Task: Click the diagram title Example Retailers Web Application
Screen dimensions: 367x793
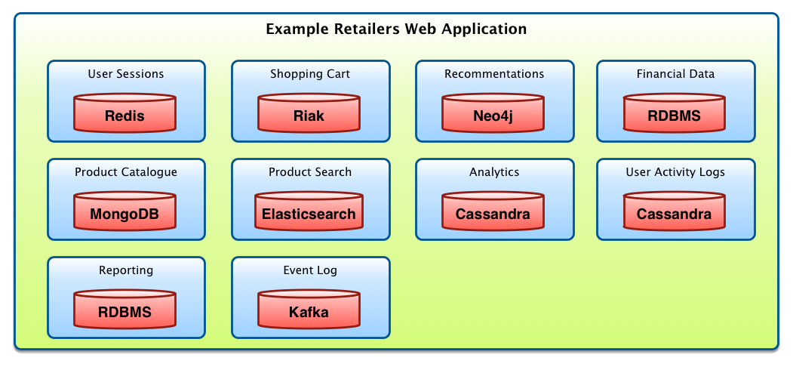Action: pyautogui.click(x=396, y=29)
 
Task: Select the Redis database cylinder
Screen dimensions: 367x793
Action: pyautogui.click(x=125, y=114)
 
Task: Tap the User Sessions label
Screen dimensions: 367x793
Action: pyautogui.click(x=126, y=74)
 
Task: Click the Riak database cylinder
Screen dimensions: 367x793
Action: pyautogui.click(x=309, y=114)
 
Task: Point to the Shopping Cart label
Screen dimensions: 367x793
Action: pyautogui.click(x=310, y=74)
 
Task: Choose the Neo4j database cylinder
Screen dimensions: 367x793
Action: pyautogui.click(x=493, y=114)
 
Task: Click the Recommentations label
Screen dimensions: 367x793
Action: pyautogui.click(x=494, y=74)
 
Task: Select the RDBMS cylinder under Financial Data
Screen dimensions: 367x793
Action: pyautogui.click(x=675, y=114)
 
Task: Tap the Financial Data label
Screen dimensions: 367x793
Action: pyautogui.click(x=675, y=74)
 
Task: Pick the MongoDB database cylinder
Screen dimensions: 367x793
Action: pyautogui.click(x=125, y=212)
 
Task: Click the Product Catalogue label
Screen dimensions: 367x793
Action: pyautogui.click(x=126, y=172)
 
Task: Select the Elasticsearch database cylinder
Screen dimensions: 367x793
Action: pyautogui.click(x=309, y=212)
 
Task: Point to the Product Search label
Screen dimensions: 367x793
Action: pyautogui.click(x=310, y=172)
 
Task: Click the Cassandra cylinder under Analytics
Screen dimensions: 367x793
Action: pyautogui.click(x=493, y=212)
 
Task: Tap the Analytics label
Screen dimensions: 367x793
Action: pyautogui.click(x=494, y=172)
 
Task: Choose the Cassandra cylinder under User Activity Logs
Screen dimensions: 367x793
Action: pyautogui.click(x=675, y=212)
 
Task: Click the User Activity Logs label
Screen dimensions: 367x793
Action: pyautogui.click(x=675, y=172)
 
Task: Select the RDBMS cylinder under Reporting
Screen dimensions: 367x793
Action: pyautogui.click(x=125, y=310)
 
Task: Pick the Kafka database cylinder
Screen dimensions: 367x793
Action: pyautogui.click(x=309, y=310)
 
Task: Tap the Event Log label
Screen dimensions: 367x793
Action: pyautogui.click(x=310, y=270)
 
